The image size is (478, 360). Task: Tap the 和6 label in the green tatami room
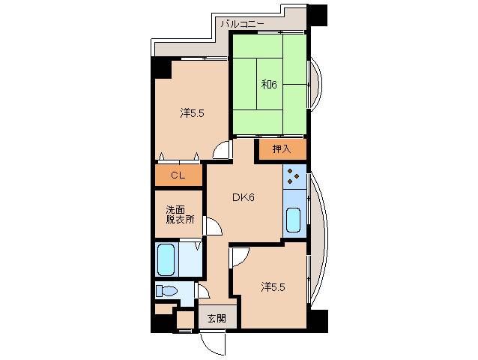[x=269, y=84]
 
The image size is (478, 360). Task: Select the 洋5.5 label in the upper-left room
[x=192, y=113]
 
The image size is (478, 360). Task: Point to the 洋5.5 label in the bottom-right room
[x=273, y=286]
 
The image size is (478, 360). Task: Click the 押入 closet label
[x=281, y=149]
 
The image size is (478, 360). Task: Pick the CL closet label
[x=178, y=175]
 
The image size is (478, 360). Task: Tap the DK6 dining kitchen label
[x=243, y=198]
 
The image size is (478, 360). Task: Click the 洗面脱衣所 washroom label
[x=180, y=214]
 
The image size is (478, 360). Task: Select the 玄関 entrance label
[x=217, y=317]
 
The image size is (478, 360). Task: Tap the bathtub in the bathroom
[x=166, y=259]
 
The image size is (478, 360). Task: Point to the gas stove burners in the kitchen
[x=294, y=179]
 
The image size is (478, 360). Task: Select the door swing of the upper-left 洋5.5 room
[x=222, y=149]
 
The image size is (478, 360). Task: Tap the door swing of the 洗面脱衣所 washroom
[x=212, y=226]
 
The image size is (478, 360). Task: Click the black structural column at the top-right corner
[x=317, y=14]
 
